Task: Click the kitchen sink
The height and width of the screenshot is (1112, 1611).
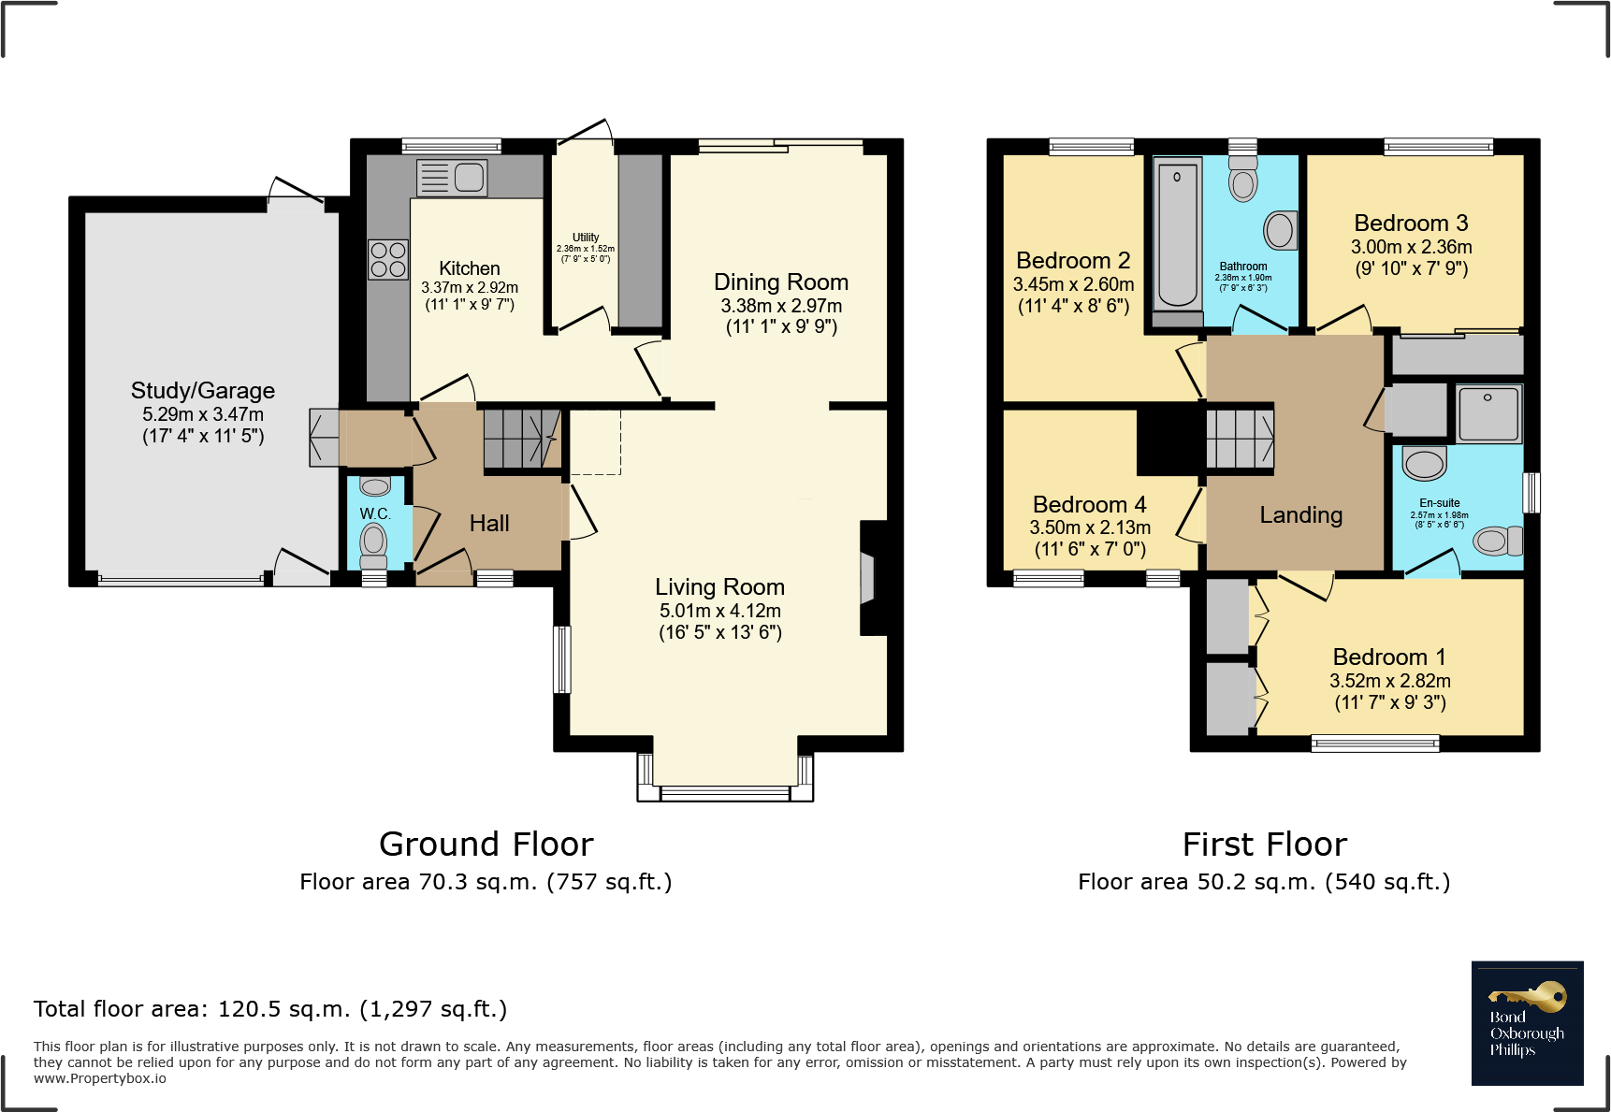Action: click(453, 178)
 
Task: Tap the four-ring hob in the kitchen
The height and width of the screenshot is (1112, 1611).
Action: click(388, 260)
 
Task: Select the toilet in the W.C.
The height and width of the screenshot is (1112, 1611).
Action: click(374, 543)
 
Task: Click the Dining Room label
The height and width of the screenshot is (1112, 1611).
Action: click(781, 282)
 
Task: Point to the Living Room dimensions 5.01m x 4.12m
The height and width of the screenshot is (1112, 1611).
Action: click(719, 611)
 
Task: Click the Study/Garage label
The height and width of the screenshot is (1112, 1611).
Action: click(203, 391)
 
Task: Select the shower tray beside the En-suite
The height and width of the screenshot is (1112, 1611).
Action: click(1488, 413)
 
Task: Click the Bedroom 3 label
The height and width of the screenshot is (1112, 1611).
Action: click(1411, 224)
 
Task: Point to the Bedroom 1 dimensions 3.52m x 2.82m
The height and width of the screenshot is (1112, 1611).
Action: click(1390, 681)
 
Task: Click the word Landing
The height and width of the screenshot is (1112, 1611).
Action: click(1300, 515)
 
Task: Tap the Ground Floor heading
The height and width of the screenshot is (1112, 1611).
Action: click(486, 845)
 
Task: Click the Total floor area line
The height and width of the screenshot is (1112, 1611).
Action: click(270, 1009)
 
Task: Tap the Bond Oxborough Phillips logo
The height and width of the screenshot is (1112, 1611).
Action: click(1527, 1023)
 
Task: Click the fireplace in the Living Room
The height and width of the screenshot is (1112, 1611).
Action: click(867, 579)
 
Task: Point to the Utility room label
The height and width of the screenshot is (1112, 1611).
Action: click(586, 238)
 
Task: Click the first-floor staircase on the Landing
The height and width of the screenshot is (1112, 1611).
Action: click(1240, 439)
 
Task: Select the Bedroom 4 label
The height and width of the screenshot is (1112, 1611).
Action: click(1089, 505)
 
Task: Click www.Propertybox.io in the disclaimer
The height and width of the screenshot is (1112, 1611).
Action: click(100, 1078)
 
